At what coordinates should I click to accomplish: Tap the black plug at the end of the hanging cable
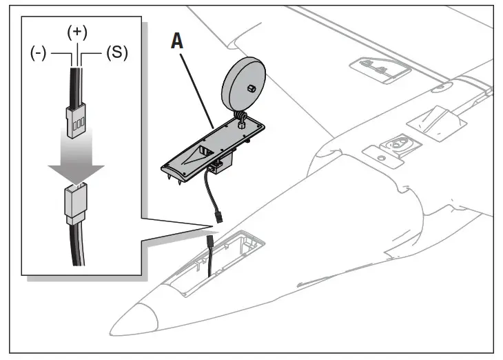click(218, 218)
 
